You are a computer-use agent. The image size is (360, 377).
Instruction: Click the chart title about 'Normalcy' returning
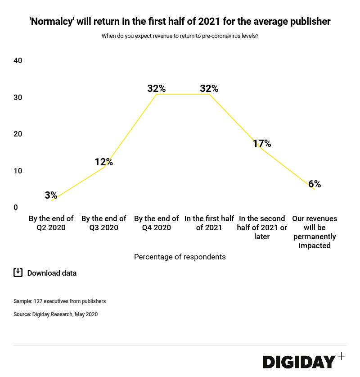(180, 21)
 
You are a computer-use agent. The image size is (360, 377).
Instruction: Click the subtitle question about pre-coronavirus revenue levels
(180, 36)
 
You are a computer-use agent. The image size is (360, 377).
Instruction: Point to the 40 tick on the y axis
(18, 61)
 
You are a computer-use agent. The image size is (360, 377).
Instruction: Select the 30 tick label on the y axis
(18, 97)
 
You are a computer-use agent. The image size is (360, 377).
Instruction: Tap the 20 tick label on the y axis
(18, 134)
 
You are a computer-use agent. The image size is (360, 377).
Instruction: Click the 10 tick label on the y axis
(18, 171)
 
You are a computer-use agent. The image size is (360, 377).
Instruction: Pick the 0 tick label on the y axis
(16, 207)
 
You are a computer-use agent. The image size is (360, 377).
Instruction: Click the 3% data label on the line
(51, 195)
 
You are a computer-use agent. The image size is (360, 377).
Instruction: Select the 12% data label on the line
(103, 162)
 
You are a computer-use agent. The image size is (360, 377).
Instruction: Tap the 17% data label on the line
(261, 143)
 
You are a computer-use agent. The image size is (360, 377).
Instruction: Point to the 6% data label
(315, 184)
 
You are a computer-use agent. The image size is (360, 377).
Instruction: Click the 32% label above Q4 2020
(157, 88)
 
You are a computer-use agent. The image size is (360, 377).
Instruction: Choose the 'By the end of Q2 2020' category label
(51, 223)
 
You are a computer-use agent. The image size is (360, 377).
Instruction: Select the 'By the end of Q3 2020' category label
(103, 223)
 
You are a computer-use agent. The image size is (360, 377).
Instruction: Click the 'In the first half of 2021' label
(209, 223)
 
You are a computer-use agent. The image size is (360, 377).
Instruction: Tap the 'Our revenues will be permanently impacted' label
(315, 232)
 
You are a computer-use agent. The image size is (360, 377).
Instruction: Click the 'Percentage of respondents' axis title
(180, 257)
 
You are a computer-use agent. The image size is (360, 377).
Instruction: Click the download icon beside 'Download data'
(18, 273)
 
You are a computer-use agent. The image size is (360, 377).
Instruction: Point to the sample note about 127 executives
(59, 301)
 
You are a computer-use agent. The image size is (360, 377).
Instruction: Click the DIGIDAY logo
(299, 362)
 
